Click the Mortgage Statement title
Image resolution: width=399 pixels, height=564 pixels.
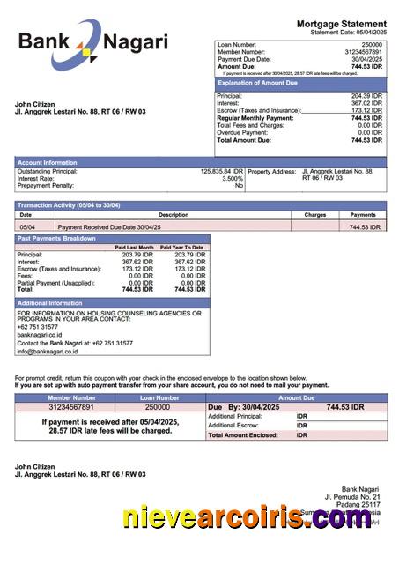click(x=341, y=24)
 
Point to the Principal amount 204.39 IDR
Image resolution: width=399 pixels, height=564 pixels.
click(x=367, y=96)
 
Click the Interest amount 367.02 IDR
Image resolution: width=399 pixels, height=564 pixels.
click(x=367, y=103)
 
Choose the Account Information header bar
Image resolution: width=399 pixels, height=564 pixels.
click(x=48, y=162)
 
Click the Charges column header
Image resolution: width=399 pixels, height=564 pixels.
click(x=314, y=214)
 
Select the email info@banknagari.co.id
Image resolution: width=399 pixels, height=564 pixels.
click(x=48, y=351)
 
